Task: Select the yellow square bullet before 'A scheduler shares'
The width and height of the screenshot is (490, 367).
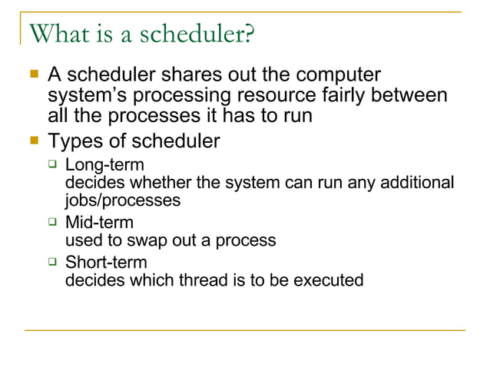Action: point(33,74)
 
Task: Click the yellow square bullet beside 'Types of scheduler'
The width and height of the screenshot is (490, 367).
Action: point(33,141)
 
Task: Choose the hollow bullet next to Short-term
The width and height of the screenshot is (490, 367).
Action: point(52,262)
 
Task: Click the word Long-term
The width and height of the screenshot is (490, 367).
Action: point(104,164)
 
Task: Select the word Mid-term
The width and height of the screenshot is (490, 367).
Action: point(99,223)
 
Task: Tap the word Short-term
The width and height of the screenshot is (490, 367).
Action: point(106,263)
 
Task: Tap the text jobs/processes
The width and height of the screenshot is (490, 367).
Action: point(123,200)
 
